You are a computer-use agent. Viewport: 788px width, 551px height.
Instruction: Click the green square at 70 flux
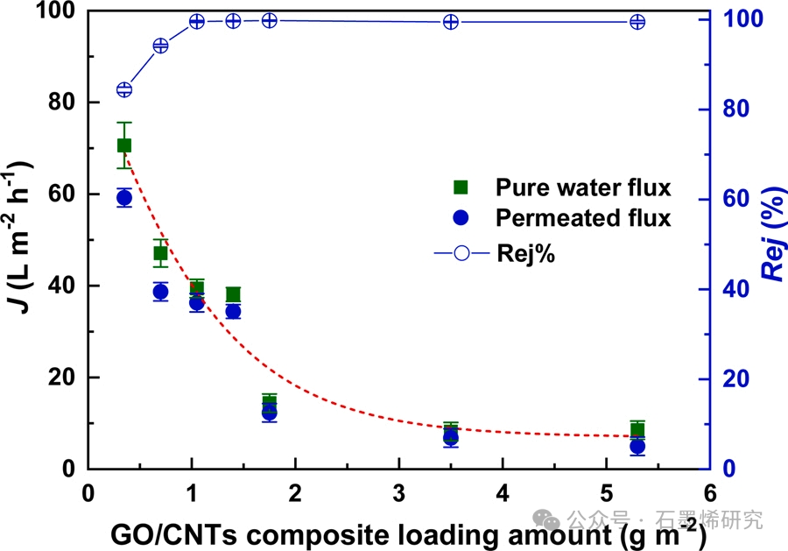tap(124, 145)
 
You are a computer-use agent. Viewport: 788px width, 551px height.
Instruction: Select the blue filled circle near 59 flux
tap(124, 198)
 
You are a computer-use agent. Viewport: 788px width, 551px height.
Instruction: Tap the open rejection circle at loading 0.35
tap(124, 89)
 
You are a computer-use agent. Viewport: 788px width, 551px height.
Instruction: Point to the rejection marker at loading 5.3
tap(637, 22)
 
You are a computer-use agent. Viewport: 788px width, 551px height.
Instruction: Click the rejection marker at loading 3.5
tap(451, 22)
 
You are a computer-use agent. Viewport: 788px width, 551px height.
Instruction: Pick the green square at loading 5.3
tap(637, 430)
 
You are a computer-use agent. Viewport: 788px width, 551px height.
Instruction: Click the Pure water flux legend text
tap(583, 187)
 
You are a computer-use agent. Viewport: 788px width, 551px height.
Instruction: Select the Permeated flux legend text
tap(583, 218)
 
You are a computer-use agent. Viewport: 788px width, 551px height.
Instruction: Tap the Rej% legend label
tap(526, 255)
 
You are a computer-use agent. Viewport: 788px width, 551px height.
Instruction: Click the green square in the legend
tap(461, 187)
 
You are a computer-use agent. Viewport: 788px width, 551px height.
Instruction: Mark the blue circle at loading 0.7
tap(160, 292)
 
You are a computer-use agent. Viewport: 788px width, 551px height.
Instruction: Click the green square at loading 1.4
tap(233, 295)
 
